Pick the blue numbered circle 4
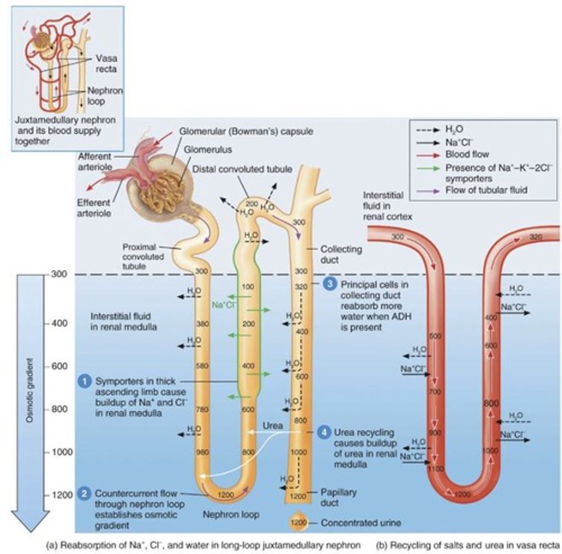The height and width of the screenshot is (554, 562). [325, 433]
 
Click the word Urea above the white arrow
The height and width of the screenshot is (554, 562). [272, 425]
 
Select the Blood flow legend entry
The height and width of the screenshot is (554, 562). [467, 155]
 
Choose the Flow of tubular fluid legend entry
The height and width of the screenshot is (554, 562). [485, 190]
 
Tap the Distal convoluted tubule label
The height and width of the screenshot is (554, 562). [242, 169]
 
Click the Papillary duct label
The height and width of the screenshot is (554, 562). [338, 497]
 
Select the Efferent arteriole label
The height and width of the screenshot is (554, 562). [94, 208]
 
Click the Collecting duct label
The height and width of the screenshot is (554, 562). [341, 254]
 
